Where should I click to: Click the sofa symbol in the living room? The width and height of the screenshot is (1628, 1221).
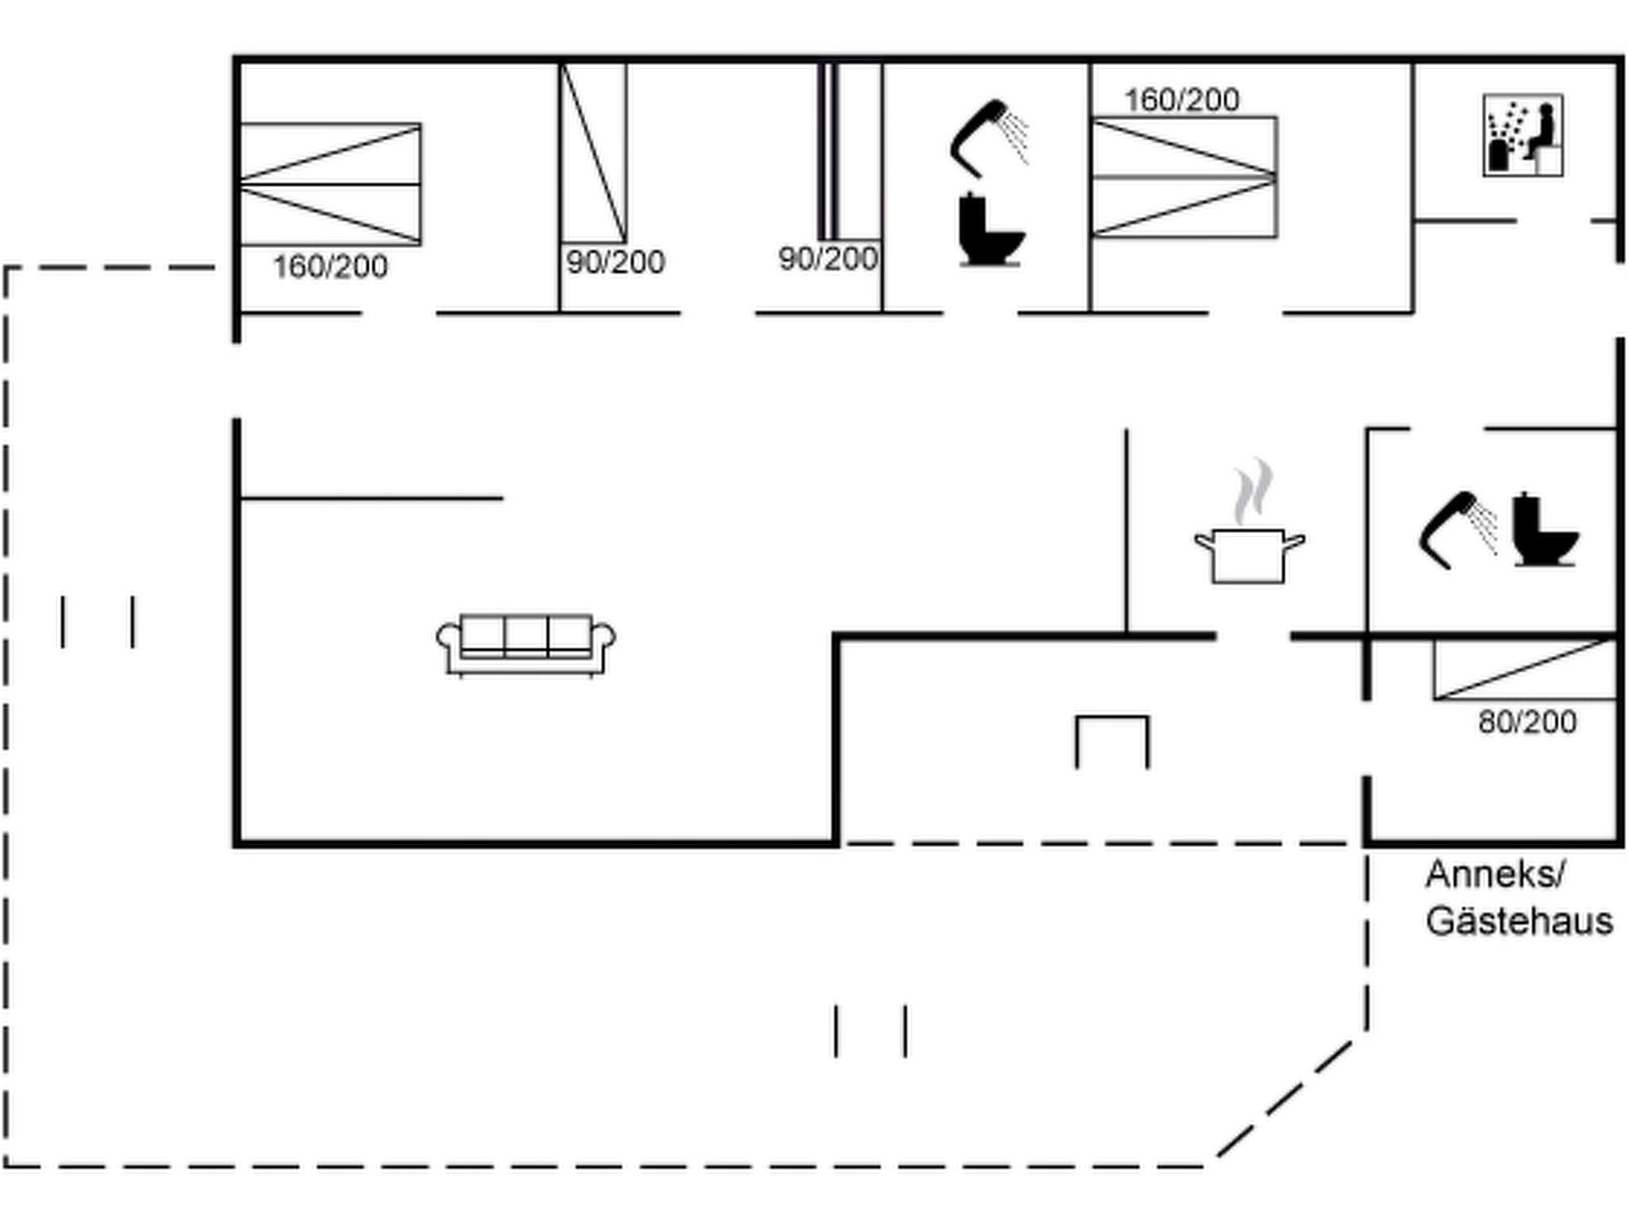click(525, 644)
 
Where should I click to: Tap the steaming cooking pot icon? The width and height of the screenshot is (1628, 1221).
click(1249, 554)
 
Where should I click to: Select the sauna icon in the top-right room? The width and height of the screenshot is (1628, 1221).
click(1522, 135)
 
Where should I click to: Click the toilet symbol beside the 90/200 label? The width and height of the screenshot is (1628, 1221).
click(990, 230)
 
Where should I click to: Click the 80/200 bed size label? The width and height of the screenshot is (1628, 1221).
click(1527, 723)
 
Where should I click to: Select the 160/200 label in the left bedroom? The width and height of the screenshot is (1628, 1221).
click(330, 267)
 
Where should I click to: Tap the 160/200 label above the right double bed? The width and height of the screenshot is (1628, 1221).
click(1181, 100)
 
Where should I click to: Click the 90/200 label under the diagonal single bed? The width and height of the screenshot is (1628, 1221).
click(615, 262)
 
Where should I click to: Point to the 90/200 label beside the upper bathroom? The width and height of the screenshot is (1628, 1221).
click(828, 259)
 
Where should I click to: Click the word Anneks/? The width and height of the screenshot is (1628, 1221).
click(1495, 874)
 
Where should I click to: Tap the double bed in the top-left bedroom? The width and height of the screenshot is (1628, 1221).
click(331, 184)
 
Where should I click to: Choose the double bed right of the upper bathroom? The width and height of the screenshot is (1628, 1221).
click(1184, 177)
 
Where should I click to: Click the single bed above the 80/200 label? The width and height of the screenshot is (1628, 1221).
click(1525, 669)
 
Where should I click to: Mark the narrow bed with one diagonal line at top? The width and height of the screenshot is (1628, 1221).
click(593, 153)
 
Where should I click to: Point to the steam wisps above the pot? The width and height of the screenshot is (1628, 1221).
click(1253, 491)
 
